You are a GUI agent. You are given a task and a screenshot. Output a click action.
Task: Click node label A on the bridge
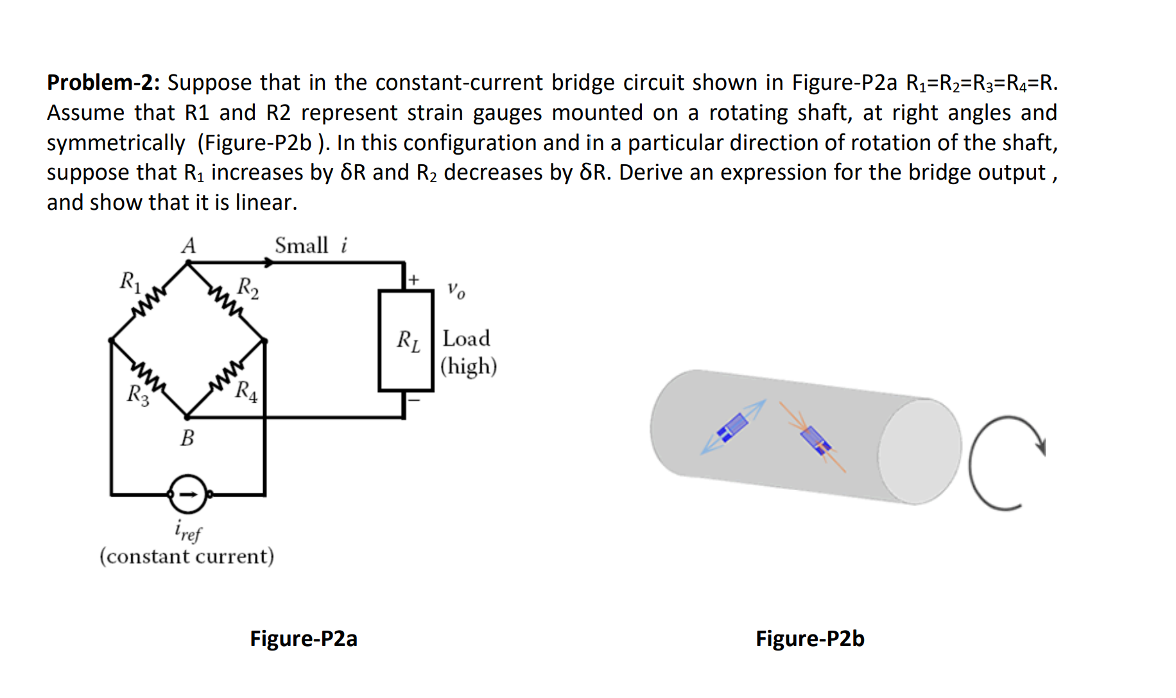tap(188, 246)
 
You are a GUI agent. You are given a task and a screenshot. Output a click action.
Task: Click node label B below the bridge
tap(187, 438)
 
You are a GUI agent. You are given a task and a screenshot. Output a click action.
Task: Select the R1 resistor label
tap(130, 282)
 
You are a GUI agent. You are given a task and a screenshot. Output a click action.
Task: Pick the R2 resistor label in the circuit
tap(248, 287)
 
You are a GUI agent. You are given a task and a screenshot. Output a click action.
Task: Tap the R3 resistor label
tap(138, 395)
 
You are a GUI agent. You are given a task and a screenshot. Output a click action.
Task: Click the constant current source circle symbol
tap(187, 494)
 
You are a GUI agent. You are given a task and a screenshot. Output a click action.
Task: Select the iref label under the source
tap(187, 531)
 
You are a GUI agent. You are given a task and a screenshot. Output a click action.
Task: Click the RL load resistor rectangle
tap(406, 340)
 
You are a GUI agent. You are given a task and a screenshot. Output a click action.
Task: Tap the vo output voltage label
tap(456, 290)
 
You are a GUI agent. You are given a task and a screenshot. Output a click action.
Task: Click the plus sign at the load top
tap(414, 280)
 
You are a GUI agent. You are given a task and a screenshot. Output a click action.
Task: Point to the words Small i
tap(311, 246)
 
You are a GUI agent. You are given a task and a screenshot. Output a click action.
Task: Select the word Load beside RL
tap(466, 339)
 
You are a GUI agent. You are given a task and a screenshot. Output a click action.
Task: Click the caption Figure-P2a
tap(303, 638)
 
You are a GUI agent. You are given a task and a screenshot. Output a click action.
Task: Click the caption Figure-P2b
tap(809, 638)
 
